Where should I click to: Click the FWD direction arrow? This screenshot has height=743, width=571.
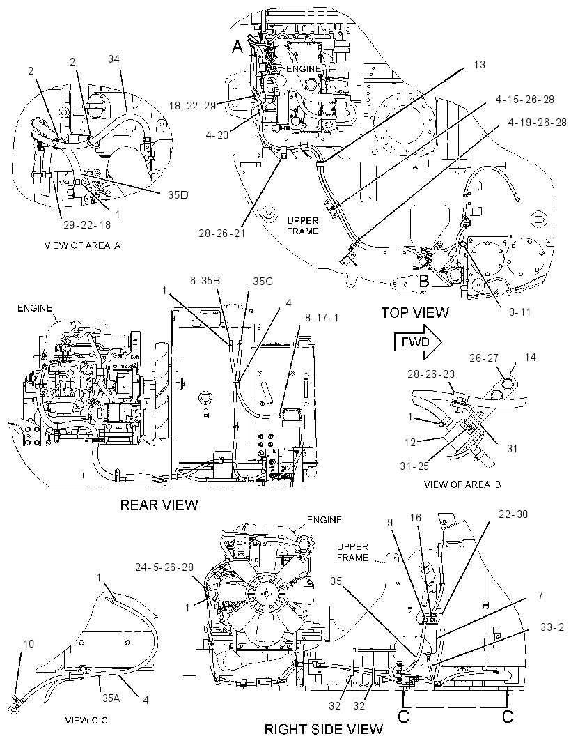coord(418,342)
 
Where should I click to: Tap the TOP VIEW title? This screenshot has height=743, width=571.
coord(415,312)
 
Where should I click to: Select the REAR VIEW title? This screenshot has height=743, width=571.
coord(159,505)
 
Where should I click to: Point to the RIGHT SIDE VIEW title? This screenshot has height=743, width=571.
coord(323,729)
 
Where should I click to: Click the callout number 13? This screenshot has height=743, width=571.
coord(479,64)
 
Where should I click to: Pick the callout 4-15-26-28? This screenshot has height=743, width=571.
coord(524,100)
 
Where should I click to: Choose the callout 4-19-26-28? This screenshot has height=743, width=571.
coord(538,123)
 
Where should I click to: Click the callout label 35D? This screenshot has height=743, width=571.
coord(178,194)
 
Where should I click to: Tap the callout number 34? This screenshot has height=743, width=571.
coord(114,59)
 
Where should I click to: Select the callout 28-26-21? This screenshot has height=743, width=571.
coord(221,233)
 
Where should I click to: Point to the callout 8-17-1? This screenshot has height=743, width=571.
coord(322,318)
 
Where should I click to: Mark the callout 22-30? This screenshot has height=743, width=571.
coord(513,514)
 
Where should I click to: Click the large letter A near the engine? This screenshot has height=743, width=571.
coord(237,47)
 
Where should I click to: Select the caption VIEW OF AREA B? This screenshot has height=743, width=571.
coord(462,484)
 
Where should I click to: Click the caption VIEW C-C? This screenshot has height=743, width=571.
coord(86,721)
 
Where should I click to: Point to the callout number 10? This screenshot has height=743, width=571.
coord(29,644)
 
